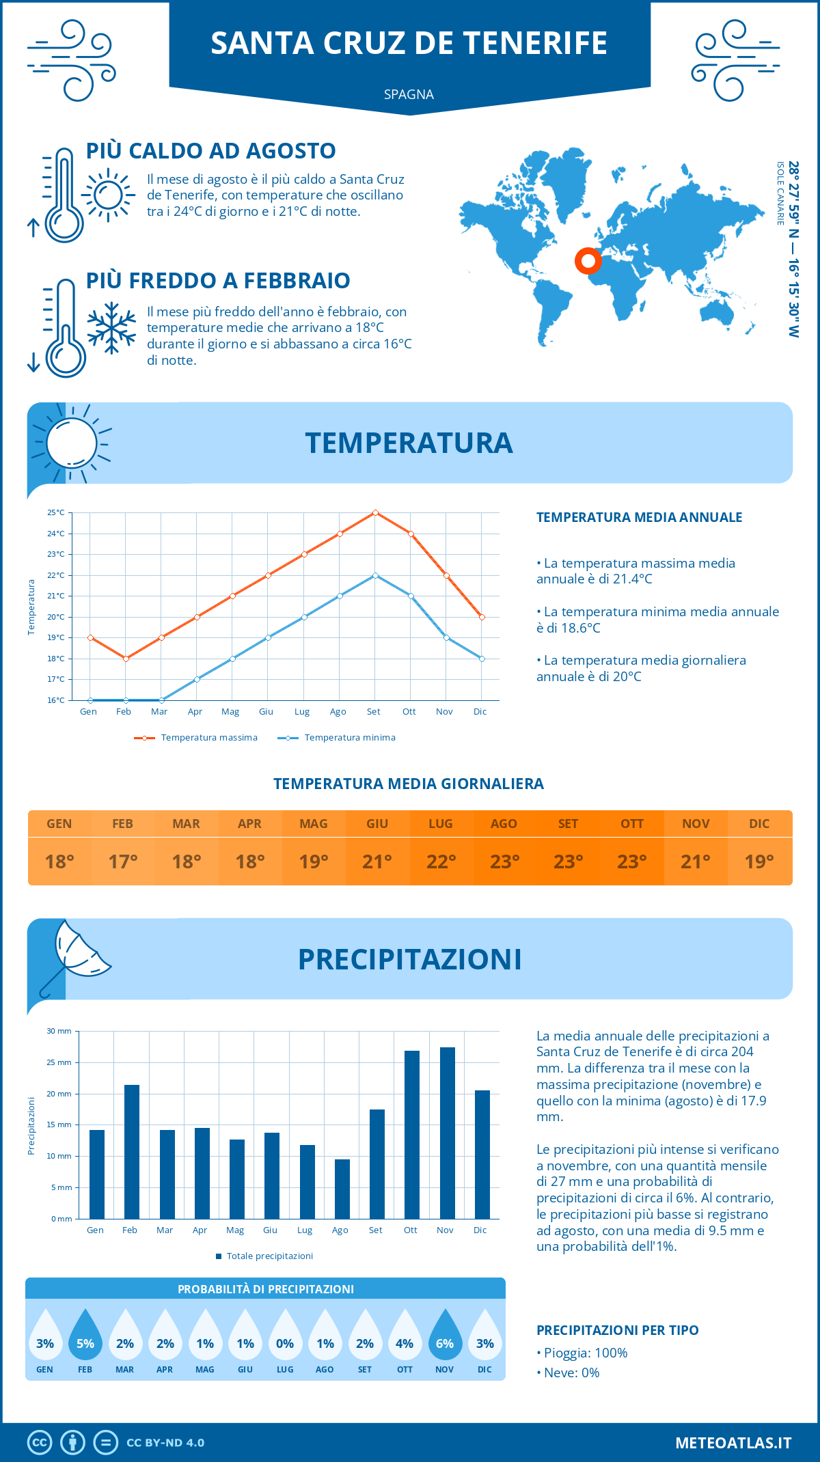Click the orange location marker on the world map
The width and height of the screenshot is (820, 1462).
point(587,260)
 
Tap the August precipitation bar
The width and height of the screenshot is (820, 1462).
point(342,1189)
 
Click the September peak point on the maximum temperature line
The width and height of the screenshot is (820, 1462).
point(375,512)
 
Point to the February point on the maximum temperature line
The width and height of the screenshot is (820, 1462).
point(126,659)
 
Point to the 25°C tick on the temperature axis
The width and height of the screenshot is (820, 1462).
point(56,512)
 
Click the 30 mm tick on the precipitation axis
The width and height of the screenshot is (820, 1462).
point(59,1031)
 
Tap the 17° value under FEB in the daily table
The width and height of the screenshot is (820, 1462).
point(123,861)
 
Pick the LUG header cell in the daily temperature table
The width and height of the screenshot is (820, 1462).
point(441,823)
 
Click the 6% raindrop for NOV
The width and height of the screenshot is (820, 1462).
point(445,1336)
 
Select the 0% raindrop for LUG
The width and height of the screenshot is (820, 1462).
point(285,1336)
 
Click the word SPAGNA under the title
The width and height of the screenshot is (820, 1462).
point(409,94)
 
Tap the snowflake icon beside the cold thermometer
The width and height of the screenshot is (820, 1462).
point(111,328)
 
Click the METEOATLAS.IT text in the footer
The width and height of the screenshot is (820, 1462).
point(733,1442)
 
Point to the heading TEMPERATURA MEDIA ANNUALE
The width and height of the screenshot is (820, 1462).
point(639,517)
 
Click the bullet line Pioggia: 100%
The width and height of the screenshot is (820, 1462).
point(582,1353)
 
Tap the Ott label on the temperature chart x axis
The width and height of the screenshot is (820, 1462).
point(409,711)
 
